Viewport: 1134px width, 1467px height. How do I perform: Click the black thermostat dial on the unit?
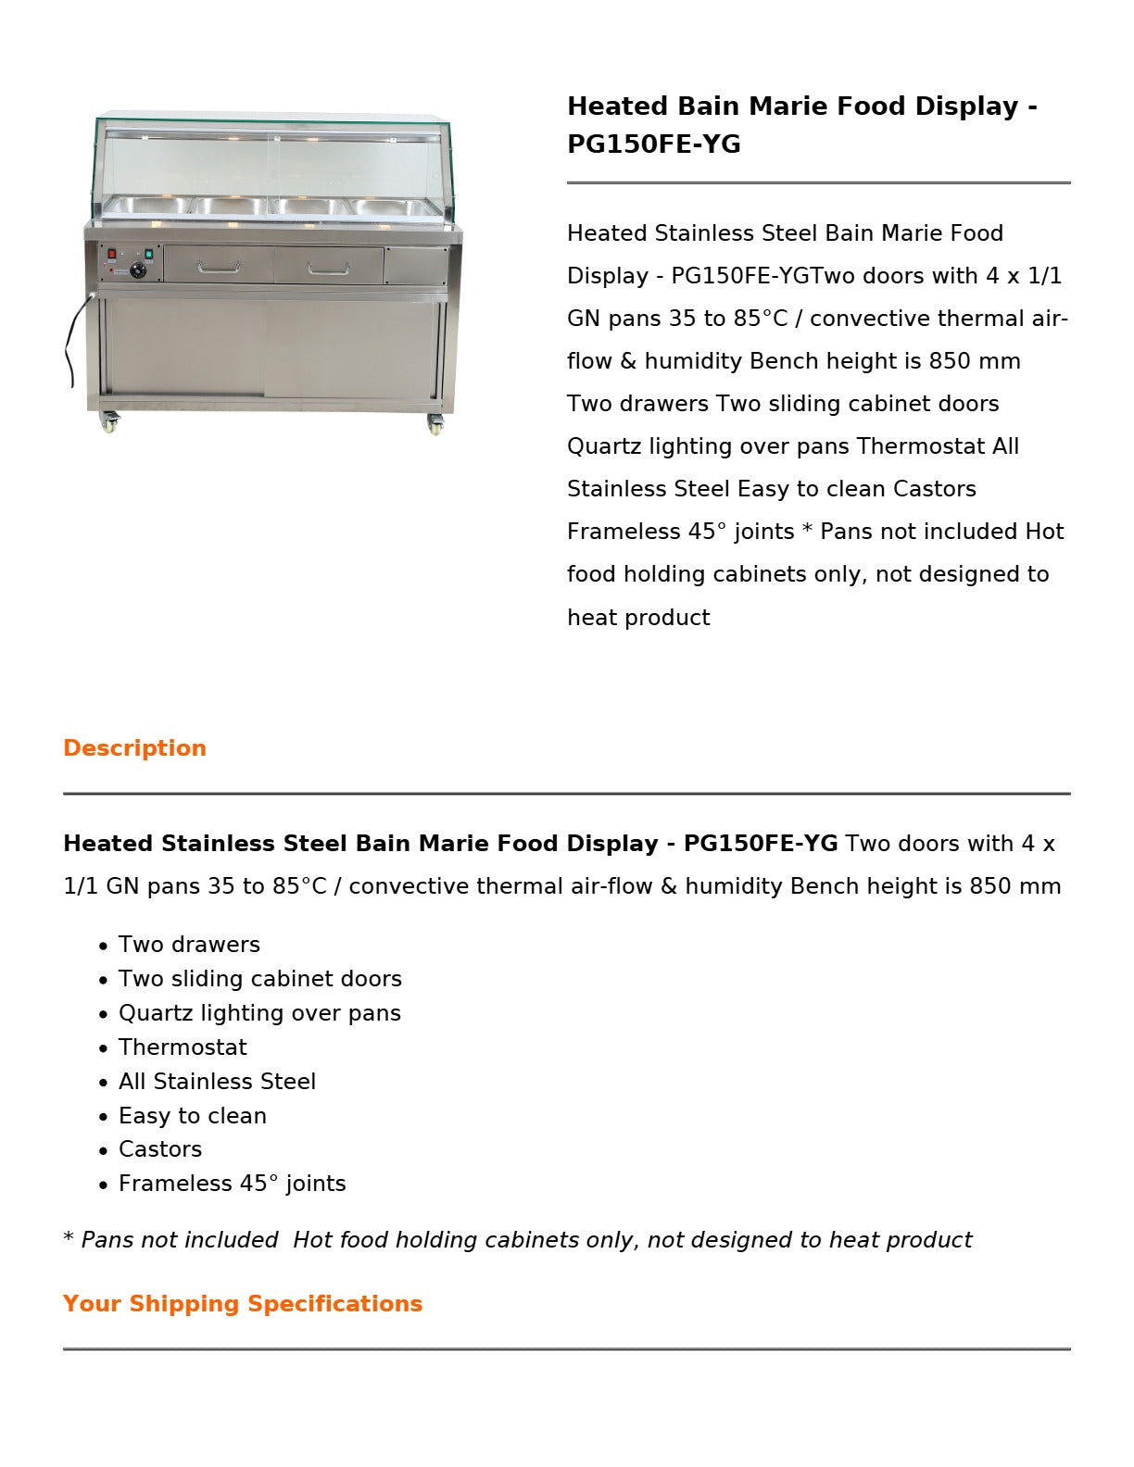tap(139, 270)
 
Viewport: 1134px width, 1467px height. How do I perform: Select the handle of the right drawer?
tap(328, 270)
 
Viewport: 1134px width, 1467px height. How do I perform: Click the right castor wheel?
tap(435, 425)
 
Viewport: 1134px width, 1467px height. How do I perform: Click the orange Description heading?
tap(134, 748)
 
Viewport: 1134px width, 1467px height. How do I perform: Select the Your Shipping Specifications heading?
tap(243, 1304)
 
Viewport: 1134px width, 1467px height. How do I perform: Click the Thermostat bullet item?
tap(183, 1047)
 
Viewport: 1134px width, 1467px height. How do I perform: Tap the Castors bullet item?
tap(160, 1149)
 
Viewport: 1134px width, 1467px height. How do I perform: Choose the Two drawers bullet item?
tap(189, 945)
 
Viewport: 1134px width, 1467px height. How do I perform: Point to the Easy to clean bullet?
tap(193, 1116)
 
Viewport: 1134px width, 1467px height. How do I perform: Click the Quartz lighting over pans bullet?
tap(259, 1013)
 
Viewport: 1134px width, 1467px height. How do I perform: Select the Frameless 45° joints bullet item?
tap(232, 1184)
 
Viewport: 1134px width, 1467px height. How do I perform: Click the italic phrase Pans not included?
tap(179, 1240)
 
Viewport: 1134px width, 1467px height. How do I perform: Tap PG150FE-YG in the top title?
tap(654, 144)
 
